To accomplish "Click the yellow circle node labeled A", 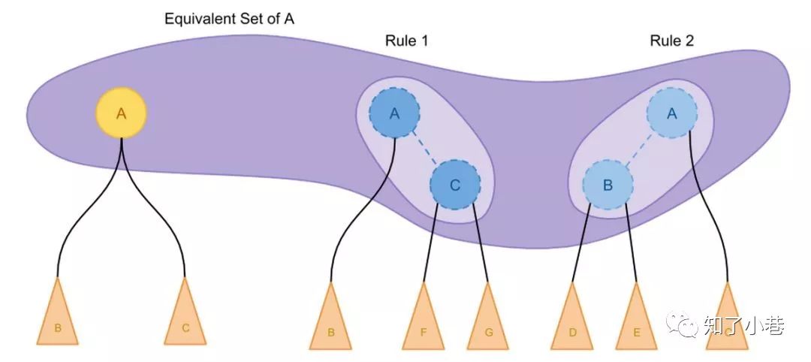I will pos(121,113).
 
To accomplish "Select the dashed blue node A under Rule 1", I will pos(394,113).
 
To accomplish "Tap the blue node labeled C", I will pos(455,185).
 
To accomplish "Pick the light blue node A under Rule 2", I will pos(672,113).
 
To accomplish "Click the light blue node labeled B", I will pos(608,185).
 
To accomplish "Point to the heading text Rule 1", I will pos(405,41).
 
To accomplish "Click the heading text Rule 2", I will pos(672,41).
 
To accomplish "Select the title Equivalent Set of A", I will pos(230,19).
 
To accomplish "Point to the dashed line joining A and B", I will pos(640,149).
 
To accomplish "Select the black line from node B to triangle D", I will pos(581,248).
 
